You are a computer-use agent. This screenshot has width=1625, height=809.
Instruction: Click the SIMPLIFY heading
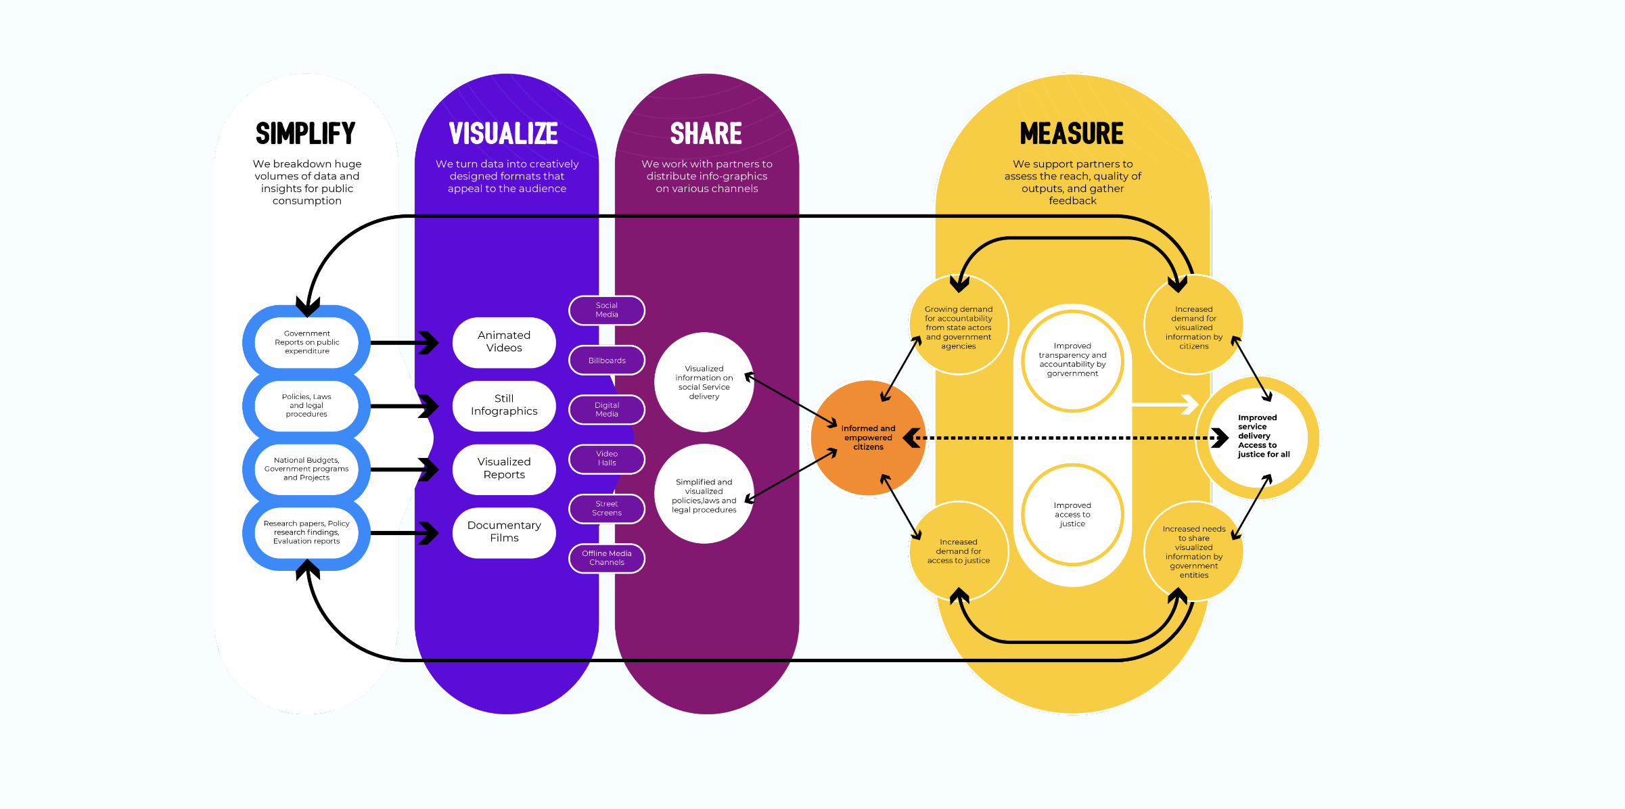306,134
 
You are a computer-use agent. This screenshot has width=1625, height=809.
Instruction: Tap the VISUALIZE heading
503,134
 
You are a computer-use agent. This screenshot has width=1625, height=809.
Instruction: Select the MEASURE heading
1072,134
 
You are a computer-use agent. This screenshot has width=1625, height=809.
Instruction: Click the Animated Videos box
504,342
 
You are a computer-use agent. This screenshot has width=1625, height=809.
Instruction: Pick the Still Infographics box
504,405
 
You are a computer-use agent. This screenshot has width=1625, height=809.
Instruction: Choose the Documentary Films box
504,532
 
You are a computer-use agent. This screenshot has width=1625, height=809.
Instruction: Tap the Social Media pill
607,310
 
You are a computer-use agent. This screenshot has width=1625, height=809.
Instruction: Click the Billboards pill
607,361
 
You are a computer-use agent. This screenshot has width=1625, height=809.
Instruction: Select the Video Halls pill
607,459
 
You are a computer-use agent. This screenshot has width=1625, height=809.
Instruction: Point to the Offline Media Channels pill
607,558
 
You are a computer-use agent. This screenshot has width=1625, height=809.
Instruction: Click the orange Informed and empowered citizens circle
868,438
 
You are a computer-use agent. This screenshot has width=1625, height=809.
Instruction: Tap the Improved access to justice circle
1072,515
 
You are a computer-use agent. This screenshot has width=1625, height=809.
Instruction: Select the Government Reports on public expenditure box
306,342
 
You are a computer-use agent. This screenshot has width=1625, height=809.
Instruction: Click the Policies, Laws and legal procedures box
306,406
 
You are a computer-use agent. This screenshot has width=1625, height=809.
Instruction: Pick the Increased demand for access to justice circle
959,551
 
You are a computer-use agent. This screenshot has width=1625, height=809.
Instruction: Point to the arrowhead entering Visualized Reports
429,469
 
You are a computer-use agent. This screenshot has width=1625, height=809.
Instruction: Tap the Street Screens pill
607,509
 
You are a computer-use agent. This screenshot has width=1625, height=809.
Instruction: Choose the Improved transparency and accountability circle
1072,360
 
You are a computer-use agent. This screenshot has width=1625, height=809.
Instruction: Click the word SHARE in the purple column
706,134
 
